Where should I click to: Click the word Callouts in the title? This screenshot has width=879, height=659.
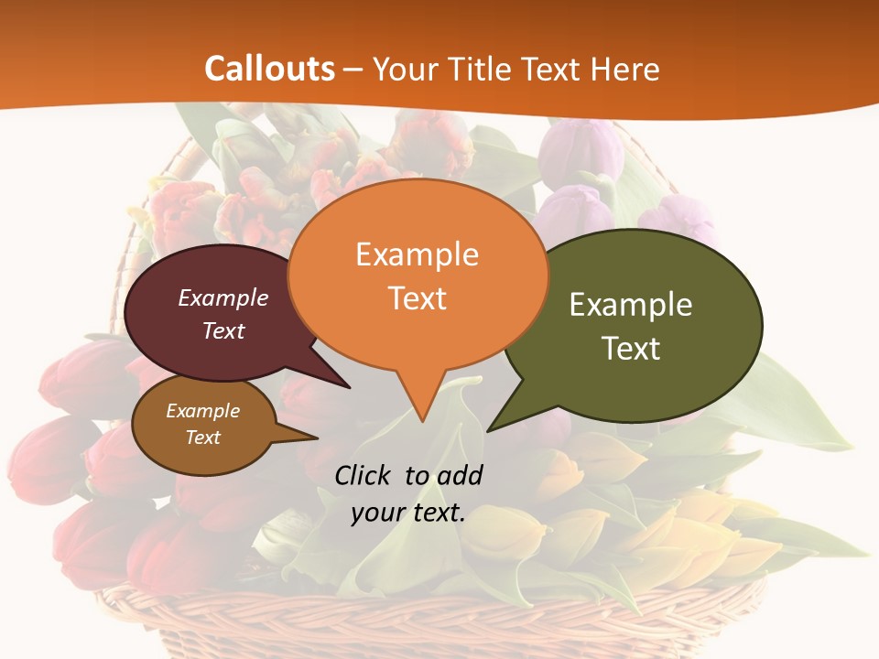[269, 69]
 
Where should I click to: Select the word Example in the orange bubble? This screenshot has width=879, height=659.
[417, 254]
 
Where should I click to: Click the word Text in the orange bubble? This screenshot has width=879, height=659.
[417, 298]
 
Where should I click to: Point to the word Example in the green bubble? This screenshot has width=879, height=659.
[631, 305]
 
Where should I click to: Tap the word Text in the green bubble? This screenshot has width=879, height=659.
[631, 349]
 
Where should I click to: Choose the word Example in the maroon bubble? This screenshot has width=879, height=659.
[223, 298]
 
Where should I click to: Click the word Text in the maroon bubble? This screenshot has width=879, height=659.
[223, 330]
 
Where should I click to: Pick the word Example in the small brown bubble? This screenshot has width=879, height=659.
[203, 411]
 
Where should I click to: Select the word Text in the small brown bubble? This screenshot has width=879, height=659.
[203, 438]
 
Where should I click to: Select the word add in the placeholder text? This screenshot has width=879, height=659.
[460, 475]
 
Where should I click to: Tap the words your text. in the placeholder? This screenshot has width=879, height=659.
[408, 513]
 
